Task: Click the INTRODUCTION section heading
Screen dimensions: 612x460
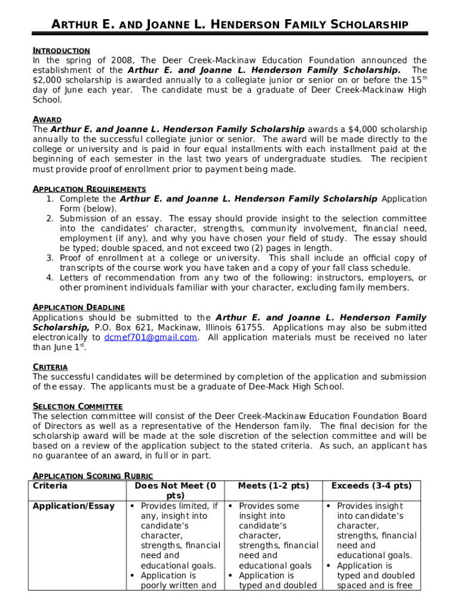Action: pyautogui.click(x=61, y=51)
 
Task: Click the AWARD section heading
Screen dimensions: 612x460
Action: pyautogui.click(x=47, y=120)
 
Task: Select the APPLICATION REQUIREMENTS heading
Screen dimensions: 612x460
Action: pyautogui.click(x=89, y=189)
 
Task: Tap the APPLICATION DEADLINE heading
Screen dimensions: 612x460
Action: pyautogui.click(x=78, y=307)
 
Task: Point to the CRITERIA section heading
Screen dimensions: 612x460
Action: pyautogui.click(x=50, y=367)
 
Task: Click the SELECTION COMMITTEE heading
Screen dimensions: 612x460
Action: pyautogui.click(x=78, y=406)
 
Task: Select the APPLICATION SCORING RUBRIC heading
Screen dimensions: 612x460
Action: pyautogui.click(x=93, y=476)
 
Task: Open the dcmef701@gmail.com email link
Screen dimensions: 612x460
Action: pyautogui.click(x=151, y=338)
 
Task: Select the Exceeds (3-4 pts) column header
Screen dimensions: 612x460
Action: pyautogui.click(x=371, y=486)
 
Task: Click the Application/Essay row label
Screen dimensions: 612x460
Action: pyautogui.click(x=73, y=506)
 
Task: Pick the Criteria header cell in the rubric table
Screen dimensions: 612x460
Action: pyautogui.click(x=50, y=486)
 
